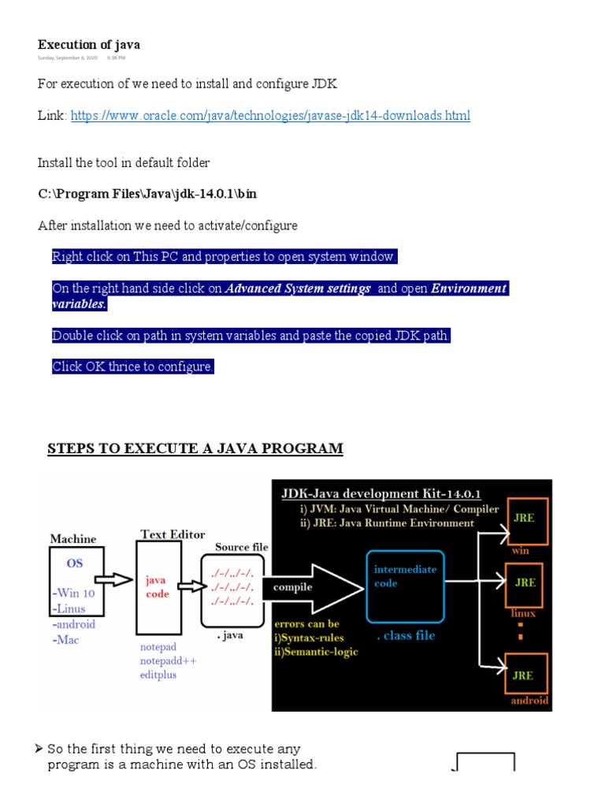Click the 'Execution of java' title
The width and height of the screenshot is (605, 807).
(89, 44)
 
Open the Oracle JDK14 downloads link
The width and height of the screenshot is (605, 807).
(270, 116)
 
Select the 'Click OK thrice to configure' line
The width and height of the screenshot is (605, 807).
(132, 367)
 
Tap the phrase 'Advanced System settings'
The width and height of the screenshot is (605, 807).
(298, 288)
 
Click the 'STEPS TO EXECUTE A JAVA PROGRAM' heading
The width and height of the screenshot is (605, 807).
(195, 449)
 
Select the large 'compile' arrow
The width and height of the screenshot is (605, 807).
(315, 587)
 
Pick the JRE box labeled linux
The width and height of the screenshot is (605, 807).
(526, 584)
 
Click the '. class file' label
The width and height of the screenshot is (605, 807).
(405, 635)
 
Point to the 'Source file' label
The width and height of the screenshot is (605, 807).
(242, 547)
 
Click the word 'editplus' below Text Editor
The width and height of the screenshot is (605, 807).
(158, 675)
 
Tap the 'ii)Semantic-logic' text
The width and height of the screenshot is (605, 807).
(316, 652)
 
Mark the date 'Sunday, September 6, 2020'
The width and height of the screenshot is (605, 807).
(68, 58)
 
